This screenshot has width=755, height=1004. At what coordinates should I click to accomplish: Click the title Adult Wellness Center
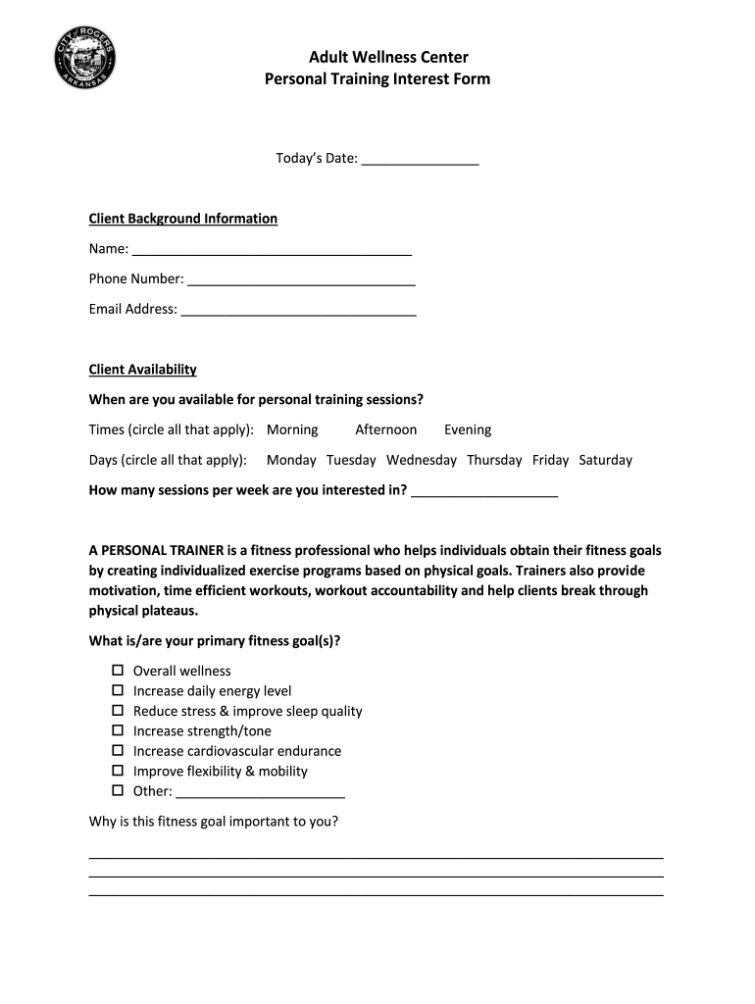click(x=377, y=57)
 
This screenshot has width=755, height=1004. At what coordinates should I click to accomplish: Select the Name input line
click(x=272, y=249)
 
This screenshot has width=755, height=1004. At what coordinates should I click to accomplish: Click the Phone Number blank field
click(x=301, y=279)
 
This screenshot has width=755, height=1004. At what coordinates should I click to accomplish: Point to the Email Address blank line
click(x=298, y=310)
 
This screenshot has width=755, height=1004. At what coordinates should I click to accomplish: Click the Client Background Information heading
click(x=183, y=219)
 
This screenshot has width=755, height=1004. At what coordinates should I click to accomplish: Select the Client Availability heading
click(x=143, y=370)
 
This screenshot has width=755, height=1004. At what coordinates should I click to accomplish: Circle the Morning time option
click(x=292, y=429)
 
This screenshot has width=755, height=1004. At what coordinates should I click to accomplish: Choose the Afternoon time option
click(x=385, y=429)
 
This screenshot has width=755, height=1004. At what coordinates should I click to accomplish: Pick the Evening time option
click(x=468, y=429)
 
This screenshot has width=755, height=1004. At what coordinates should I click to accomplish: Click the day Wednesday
click(x=421, y=460)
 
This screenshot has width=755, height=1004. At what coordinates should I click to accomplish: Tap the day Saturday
click(x=605, y=460)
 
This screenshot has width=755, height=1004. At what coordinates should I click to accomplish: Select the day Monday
click(x=291, y=460)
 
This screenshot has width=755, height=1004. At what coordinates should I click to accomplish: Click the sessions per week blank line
click(x=484, y=490)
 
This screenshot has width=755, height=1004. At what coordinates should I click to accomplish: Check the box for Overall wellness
click(x=118, y=671)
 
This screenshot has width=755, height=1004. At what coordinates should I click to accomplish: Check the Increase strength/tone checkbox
click(x=118, y=730)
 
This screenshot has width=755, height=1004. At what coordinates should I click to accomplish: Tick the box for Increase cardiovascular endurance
click(x=118, y=751)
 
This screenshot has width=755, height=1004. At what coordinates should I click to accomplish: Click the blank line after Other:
click(x=260, y=792)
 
